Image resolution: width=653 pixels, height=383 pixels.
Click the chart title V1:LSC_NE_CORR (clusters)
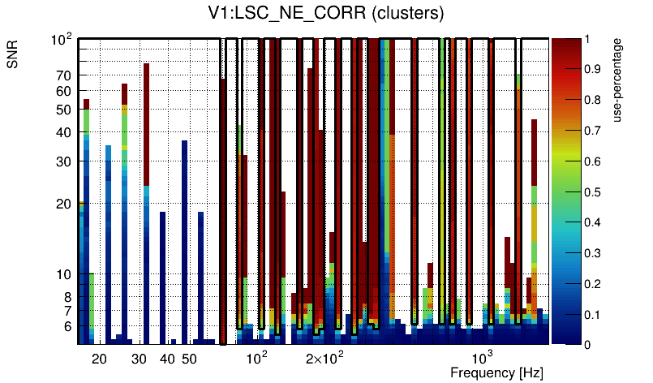point(325,14)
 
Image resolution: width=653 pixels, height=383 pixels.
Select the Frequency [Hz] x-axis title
point(496,372)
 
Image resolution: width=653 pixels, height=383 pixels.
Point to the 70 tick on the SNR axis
point(64,75)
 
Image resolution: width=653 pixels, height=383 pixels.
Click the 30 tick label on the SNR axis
point(64,161)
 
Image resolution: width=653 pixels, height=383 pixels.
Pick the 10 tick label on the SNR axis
point(64,274)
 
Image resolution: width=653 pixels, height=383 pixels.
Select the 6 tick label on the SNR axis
point(67,326)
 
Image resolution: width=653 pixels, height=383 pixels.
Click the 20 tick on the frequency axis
point(99,358)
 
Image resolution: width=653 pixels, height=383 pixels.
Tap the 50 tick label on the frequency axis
point(188,358)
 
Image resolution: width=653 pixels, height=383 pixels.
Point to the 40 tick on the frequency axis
point(167,358)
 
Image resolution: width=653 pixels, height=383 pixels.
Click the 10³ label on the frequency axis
point(483,358)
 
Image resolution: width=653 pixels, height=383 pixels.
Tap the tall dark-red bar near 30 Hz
point(147,122)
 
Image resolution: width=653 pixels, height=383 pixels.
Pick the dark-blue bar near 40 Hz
point(162,276)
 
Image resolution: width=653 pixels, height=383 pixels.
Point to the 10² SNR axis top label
point(62,39)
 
